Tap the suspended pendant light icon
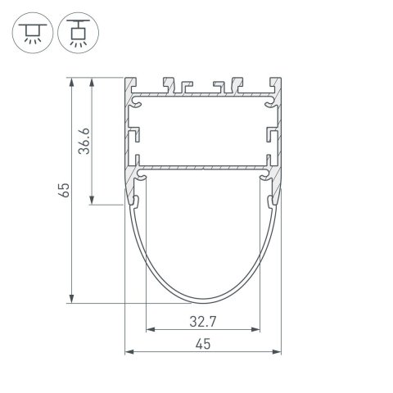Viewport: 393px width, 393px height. [77, 31]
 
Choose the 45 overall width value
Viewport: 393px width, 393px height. [202, 345]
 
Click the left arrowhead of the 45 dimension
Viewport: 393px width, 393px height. [128, 354]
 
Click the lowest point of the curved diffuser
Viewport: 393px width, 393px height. [202, 300]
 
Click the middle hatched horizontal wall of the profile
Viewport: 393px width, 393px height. [202, 169]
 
